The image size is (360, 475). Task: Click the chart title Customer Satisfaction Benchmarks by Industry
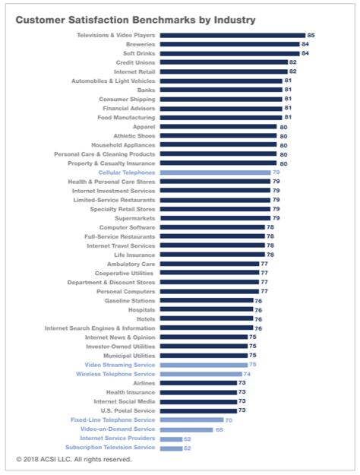click(136, 20)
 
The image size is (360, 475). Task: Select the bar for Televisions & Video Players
click(232, 36)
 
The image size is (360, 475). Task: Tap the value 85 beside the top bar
click(311, 35)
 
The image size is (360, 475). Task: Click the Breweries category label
click(141, 44)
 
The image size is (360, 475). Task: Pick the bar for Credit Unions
click(224, 62)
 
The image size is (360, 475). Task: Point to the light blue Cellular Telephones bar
click(215, 173)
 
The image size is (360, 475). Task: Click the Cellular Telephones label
click(127, 173)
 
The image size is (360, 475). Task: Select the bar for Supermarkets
click(215, 218)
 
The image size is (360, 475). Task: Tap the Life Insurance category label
click(134, 255)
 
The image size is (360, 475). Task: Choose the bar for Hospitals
click(207, 309)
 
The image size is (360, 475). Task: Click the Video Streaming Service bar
click(204, 365)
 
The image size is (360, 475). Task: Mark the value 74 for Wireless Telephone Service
click(247, 374)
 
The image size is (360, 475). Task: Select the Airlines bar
click(198, 383)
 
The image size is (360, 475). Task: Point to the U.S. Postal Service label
click(128, 410)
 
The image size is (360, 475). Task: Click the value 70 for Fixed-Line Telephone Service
click(229, 420)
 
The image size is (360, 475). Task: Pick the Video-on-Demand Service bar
click(187, 429)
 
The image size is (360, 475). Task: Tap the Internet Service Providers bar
click(171, 439)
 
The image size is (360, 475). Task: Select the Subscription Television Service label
click(110, 448)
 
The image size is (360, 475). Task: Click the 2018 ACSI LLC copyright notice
click(74, 459)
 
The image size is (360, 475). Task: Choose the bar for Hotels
click(207, 318)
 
